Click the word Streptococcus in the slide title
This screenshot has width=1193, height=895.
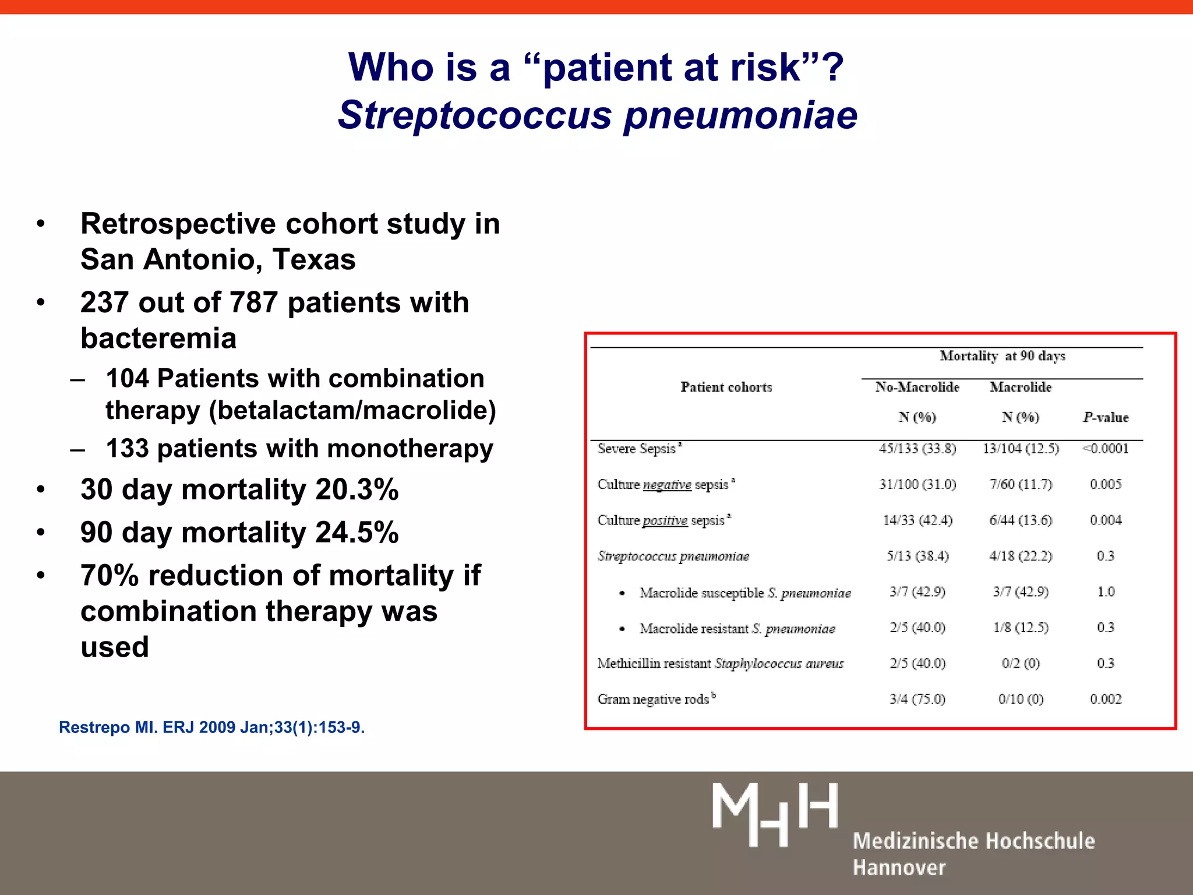[x=475, y=115]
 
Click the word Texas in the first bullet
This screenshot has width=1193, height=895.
[x=314, y=259]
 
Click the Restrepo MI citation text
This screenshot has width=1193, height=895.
[x=212, y=727]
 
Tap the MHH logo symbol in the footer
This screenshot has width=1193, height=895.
[x=775, y=814]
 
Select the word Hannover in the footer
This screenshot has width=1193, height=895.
[x=899, y=868]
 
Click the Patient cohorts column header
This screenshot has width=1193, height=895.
[x=726, y=387]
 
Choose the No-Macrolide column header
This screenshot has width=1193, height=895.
[x=917, y=387]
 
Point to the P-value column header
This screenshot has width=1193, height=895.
[x=1106, y=417]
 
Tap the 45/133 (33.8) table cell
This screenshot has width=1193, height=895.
[x=917, y=449]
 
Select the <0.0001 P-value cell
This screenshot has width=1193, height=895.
[x=1106, y=449]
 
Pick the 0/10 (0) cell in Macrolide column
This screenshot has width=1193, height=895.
[x=1021, y=699]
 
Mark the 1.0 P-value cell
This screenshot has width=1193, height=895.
[x=1106, y=592]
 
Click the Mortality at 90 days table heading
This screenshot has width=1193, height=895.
[x=1002, y=356]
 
